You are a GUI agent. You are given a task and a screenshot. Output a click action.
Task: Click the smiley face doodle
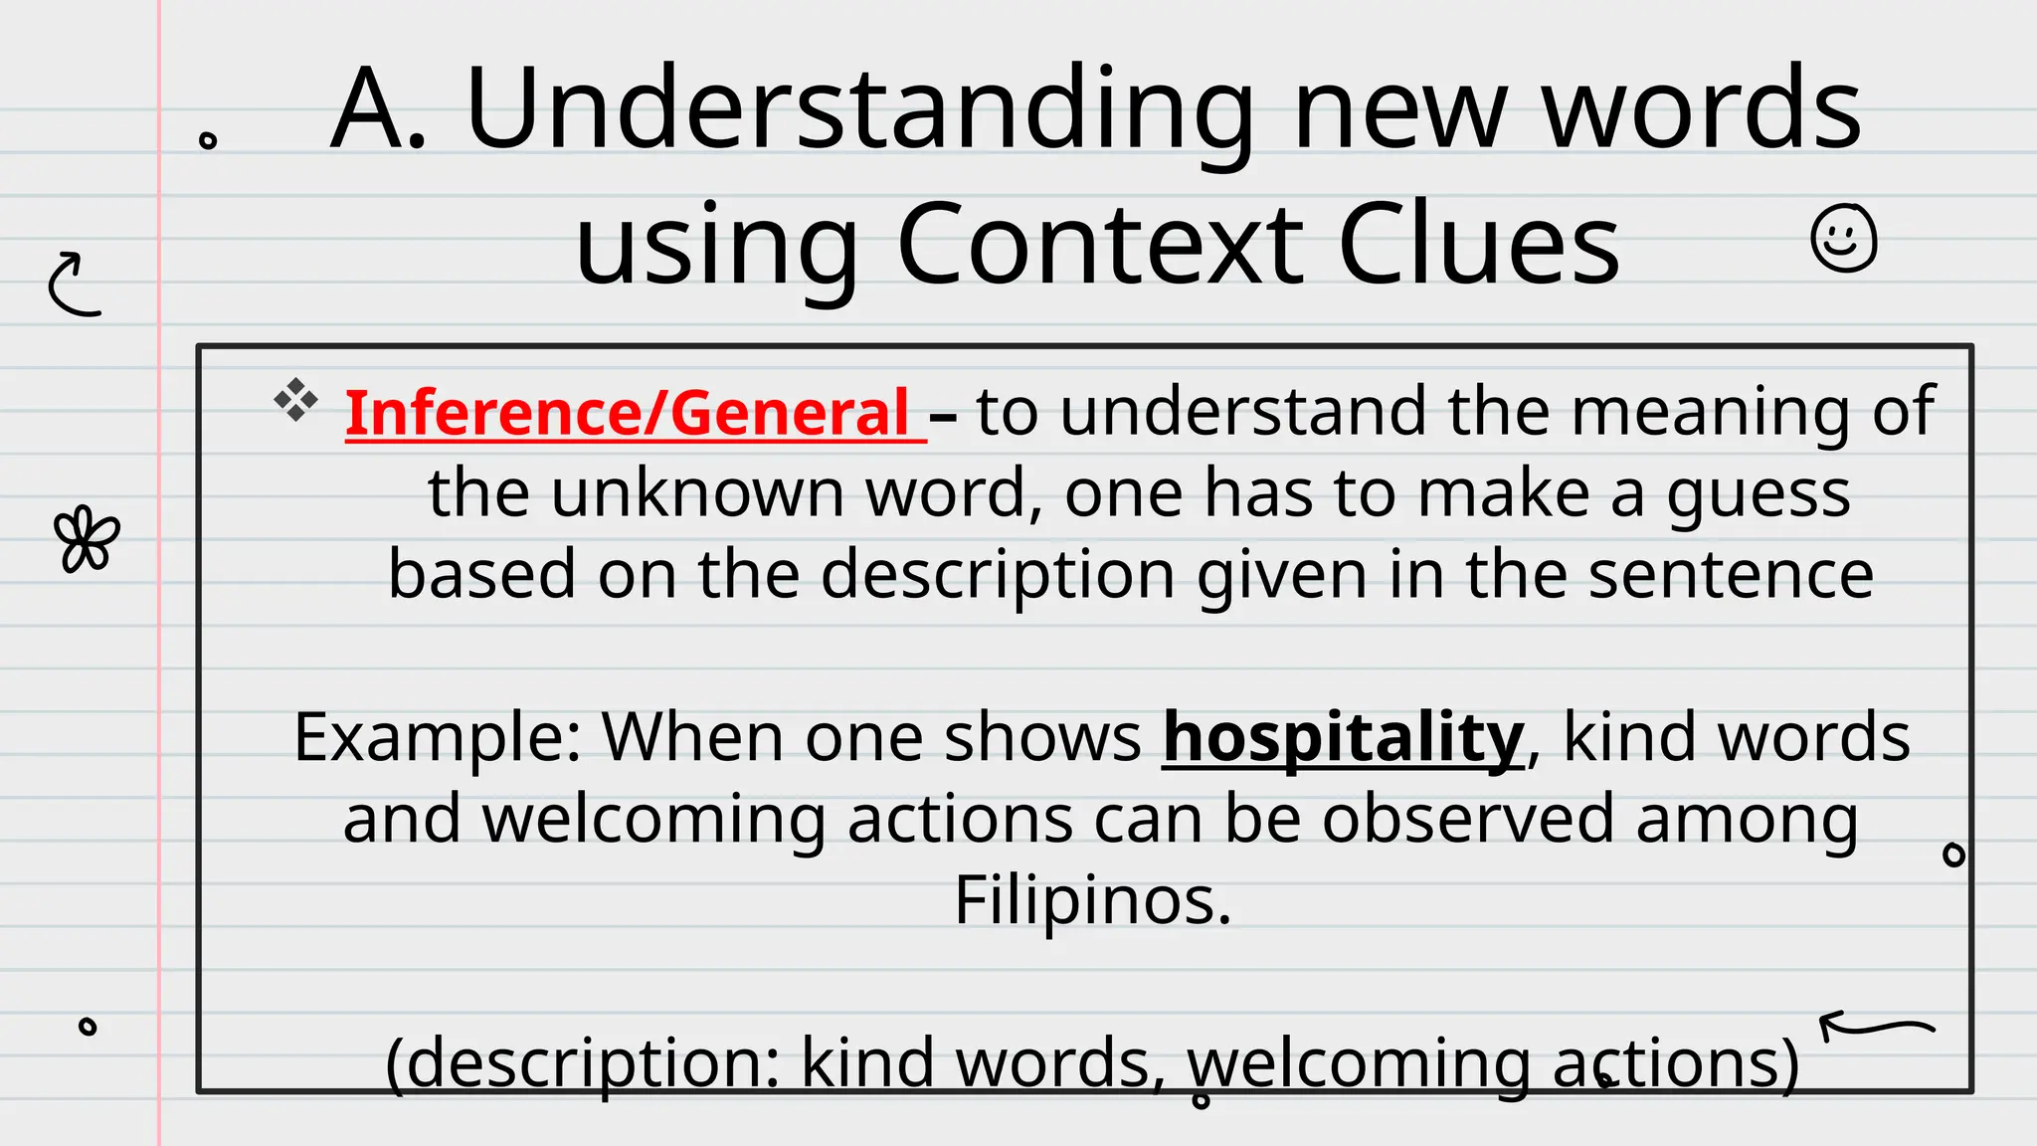pyautogui.click(x=1843, y=239)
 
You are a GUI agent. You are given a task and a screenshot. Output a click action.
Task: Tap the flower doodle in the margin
pyautogui.click(x=87, y=540)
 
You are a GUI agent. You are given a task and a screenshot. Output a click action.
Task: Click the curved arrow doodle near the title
pyautogui.click(x=74, y=285)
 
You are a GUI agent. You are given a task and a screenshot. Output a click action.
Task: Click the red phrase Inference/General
pyautogui.click(x=627, y=412)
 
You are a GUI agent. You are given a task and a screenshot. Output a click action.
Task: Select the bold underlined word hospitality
pyautogui.click(x=1343, y=737)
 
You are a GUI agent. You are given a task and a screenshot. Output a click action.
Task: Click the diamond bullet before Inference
pyautogui.click(x=295, y=400)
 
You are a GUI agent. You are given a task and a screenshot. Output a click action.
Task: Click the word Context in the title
pyautogui.click(x=1099, y=244)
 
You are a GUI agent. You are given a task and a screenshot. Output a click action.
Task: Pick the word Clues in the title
pyautogui.click(x=1479, y=244)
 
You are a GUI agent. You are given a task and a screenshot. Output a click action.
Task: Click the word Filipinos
pyautogui.click(x=1092, y=900)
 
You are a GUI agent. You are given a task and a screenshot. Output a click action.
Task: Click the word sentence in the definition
pyautogui.click(x=1731, y=575)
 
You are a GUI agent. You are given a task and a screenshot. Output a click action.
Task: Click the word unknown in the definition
pyautogui.click(x=696, y=493)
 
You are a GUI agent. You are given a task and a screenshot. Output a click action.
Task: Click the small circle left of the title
pyautogui.click(x=208, y=140)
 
